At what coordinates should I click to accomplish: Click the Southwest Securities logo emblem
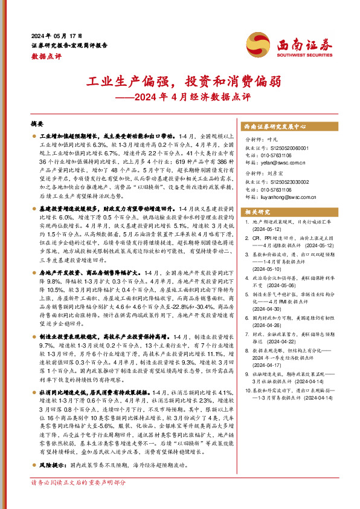(257, 44)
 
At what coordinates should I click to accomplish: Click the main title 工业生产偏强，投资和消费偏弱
(179, 82)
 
